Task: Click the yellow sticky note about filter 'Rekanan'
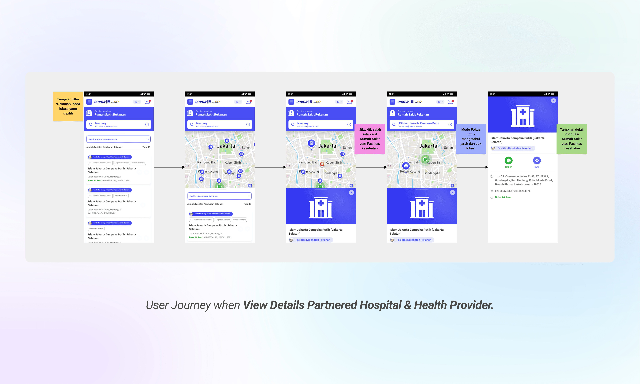click(x=68, y=106)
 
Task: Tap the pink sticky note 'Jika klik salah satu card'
click(x=370, y=139)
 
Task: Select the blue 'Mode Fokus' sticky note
click(x=471, y=139)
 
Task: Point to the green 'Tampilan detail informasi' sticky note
click(x=571, y=139)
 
